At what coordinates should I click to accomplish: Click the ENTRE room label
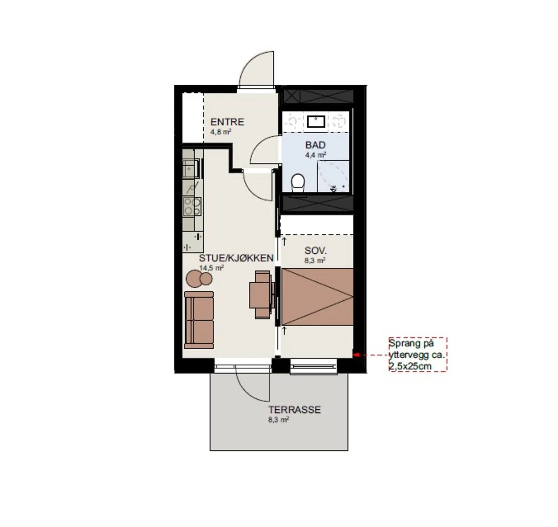point(227,122)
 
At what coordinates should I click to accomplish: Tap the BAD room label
point(315,145)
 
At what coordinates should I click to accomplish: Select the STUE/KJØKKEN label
point(236,258)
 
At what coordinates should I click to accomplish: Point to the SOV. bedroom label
point(316,251)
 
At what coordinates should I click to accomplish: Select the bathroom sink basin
point(316,122)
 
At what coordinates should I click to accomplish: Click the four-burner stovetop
point(192,206)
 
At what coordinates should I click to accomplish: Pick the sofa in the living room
point(198,320)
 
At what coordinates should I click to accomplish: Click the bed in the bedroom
point(317,297)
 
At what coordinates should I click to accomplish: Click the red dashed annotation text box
point(418,354)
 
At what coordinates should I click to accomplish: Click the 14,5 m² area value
point(211,268)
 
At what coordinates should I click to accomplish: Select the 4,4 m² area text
point(316,155)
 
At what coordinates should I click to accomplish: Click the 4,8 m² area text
point(221,132)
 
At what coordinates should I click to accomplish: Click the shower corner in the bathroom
point(333,176)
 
